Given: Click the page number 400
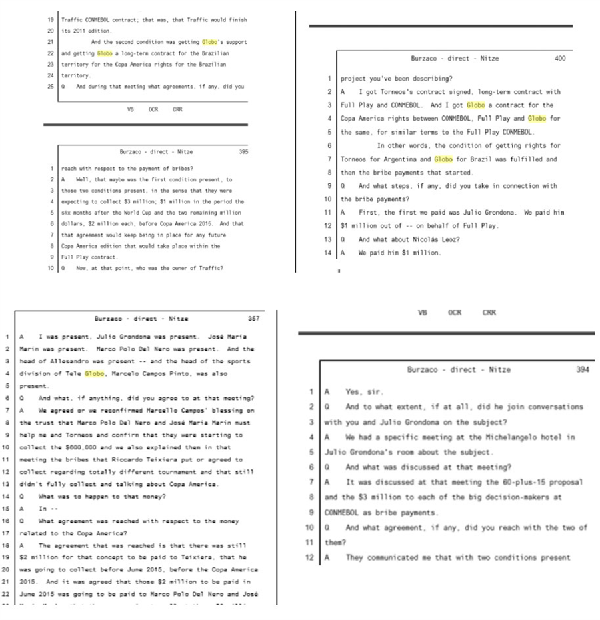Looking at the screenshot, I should coord(560,59).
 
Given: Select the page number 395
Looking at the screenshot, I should coord(243,151).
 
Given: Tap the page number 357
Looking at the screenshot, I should coord(253,319).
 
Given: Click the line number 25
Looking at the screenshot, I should coord(50,86).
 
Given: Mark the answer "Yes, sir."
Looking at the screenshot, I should coord(364,391).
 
